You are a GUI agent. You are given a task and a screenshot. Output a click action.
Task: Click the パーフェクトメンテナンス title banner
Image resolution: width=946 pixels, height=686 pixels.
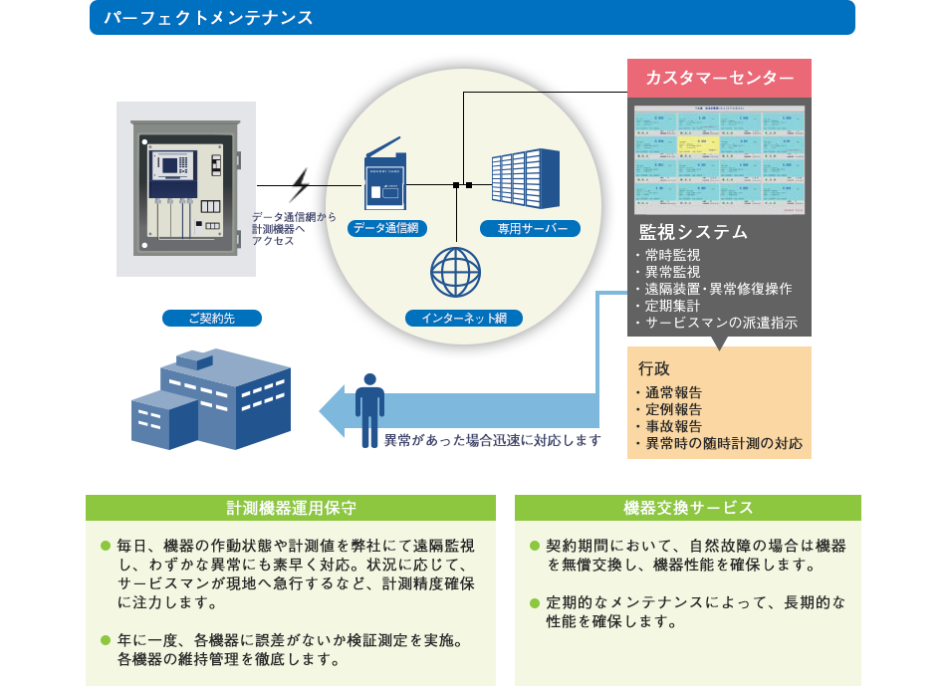point(472,18)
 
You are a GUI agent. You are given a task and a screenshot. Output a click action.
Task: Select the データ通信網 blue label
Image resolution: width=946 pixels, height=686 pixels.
point(388,228)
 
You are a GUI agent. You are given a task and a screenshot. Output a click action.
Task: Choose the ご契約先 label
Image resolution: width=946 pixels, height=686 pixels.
point(211,319)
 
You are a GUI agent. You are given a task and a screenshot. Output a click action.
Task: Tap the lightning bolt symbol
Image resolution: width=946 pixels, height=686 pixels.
point(300,185)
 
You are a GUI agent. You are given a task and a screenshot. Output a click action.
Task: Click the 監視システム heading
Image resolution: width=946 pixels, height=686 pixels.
point(693,232)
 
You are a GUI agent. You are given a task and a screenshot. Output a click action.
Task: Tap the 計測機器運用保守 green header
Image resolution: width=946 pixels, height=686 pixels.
point(290,508)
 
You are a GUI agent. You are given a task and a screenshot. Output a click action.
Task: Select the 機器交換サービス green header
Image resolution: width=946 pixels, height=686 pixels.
point(688,508)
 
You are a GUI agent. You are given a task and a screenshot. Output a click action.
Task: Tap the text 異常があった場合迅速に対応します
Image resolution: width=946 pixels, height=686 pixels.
point(493,439)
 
